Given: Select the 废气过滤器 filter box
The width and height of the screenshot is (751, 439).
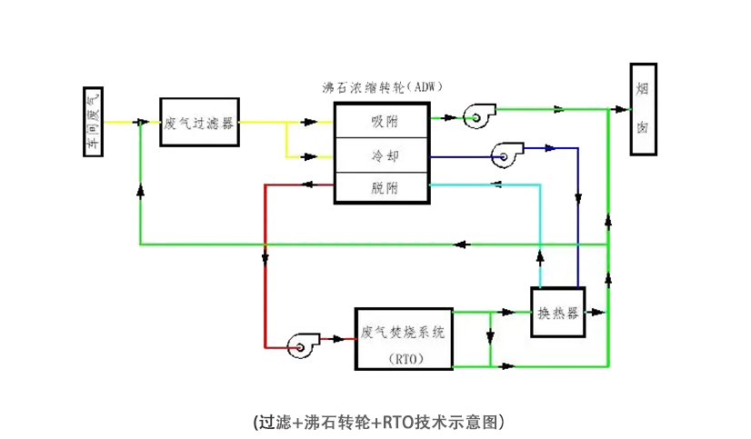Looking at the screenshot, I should click(199, 121).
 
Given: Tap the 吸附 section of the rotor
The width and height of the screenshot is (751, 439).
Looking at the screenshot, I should click(380, 120).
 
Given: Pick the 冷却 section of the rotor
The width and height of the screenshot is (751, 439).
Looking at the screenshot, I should click(380, 155).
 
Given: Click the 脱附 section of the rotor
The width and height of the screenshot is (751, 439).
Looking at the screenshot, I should click(380, 188).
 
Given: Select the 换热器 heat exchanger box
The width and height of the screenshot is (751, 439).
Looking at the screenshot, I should click(557, 312).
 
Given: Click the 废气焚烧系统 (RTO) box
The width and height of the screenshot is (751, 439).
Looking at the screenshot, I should click(402, 337).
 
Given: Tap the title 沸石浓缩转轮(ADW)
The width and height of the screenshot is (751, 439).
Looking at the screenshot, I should click(383, 88).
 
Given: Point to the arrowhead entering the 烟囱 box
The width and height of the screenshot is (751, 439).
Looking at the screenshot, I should click(622, 109).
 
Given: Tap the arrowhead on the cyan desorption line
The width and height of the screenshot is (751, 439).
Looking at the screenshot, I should click(495, 185).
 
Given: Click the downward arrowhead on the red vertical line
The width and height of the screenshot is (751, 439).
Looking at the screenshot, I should click(265, 259).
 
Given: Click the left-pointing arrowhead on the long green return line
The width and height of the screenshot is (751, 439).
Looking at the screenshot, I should click(462, 244).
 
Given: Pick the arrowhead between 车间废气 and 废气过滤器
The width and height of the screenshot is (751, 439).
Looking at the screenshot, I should click(141, 121).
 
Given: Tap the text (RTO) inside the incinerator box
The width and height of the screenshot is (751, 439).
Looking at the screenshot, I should click(402, 358).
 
